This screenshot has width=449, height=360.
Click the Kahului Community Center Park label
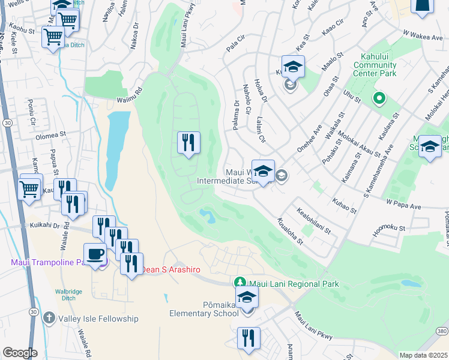pyautogui.click(x=375, y=65)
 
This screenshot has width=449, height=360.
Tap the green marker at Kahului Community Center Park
pyautogui.click(x=379, y=98)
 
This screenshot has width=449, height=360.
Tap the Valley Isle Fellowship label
pyautogui.click(x=98, y=319)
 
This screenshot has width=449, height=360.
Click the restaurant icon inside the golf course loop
pyautogui.click(x=188, y=143)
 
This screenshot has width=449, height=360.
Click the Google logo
pyautogui.click(x=19, y=353)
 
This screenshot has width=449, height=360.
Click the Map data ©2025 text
pyautogui.click(x=423, y=355)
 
